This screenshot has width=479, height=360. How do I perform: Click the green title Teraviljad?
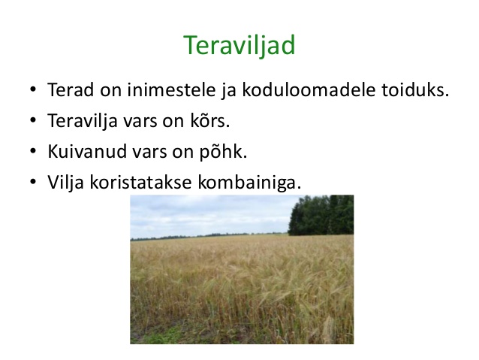[x=239, y=45]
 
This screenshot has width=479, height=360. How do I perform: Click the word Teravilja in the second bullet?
[x=83, y=121]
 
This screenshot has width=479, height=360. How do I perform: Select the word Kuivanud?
[x=87, y=151]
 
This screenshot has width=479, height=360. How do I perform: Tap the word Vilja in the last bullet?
[x=65, y=183]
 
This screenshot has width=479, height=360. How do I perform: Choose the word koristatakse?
[x=141, y=182]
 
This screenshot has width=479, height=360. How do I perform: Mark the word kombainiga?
[x=249, y=183]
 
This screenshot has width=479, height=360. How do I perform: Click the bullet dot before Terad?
[x=33, y=90]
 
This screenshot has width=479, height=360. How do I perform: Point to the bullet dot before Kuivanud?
[x=33, y=151]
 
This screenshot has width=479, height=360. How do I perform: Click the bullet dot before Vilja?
[x=33, y=183]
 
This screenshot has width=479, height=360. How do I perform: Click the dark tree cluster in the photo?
[x=321, y=216]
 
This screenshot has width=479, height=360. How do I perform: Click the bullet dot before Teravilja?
[x=33, y=120]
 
